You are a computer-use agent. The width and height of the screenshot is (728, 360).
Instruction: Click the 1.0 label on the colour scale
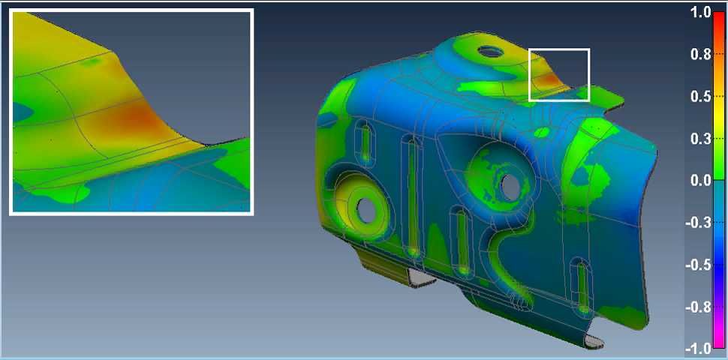click(701, 13)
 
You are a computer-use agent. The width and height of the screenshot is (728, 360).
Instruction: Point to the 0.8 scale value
click(701, 55)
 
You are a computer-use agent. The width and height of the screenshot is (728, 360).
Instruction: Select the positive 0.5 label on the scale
click(701, 97)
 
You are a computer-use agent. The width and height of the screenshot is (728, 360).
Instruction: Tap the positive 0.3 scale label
click(701, 139)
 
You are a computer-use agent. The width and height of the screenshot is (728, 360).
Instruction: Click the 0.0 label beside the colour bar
click(701, 181)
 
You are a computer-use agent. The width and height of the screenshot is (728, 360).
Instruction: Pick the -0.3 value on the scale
click(698, 223)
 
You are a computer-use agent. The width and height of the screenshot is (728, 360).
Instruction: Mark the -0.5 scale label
click(698, 265)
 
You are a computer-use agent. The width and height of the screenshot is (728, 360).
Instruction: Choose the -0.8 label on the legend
click(698, 307)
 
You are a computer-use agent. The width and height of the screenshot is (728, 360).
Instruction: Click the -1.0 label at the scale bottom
click(698, 348)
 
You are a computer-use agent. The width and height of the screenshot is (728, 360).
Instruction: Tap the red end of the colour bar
click(719, 19)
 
